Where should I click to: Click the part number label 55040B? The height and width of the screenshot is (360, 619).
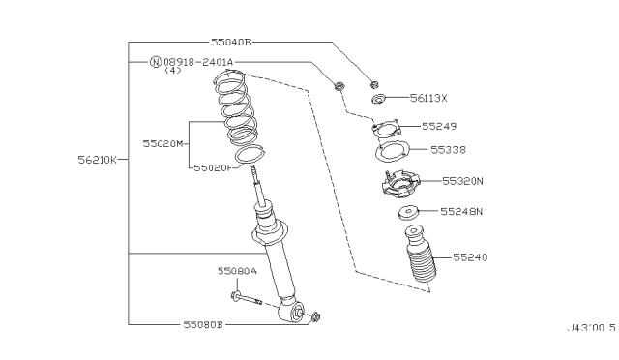230,43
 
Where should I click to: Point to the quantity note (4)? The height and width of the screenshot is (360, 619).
172,71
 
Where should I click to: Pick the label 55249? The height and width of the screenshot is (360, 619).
439,126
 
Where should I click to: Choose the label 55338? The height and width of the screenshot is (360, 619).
449,150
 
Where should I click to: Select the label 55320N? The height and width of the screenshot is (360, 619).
462,181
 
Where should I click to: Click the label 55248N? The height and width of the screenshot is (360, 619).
461,211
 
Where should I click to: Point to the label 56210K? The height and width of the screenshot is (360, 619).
98,160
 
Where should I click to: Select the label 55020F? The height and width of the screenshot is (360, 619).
212,167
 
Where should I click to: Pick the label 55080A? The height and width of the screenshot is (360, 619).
237,273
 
